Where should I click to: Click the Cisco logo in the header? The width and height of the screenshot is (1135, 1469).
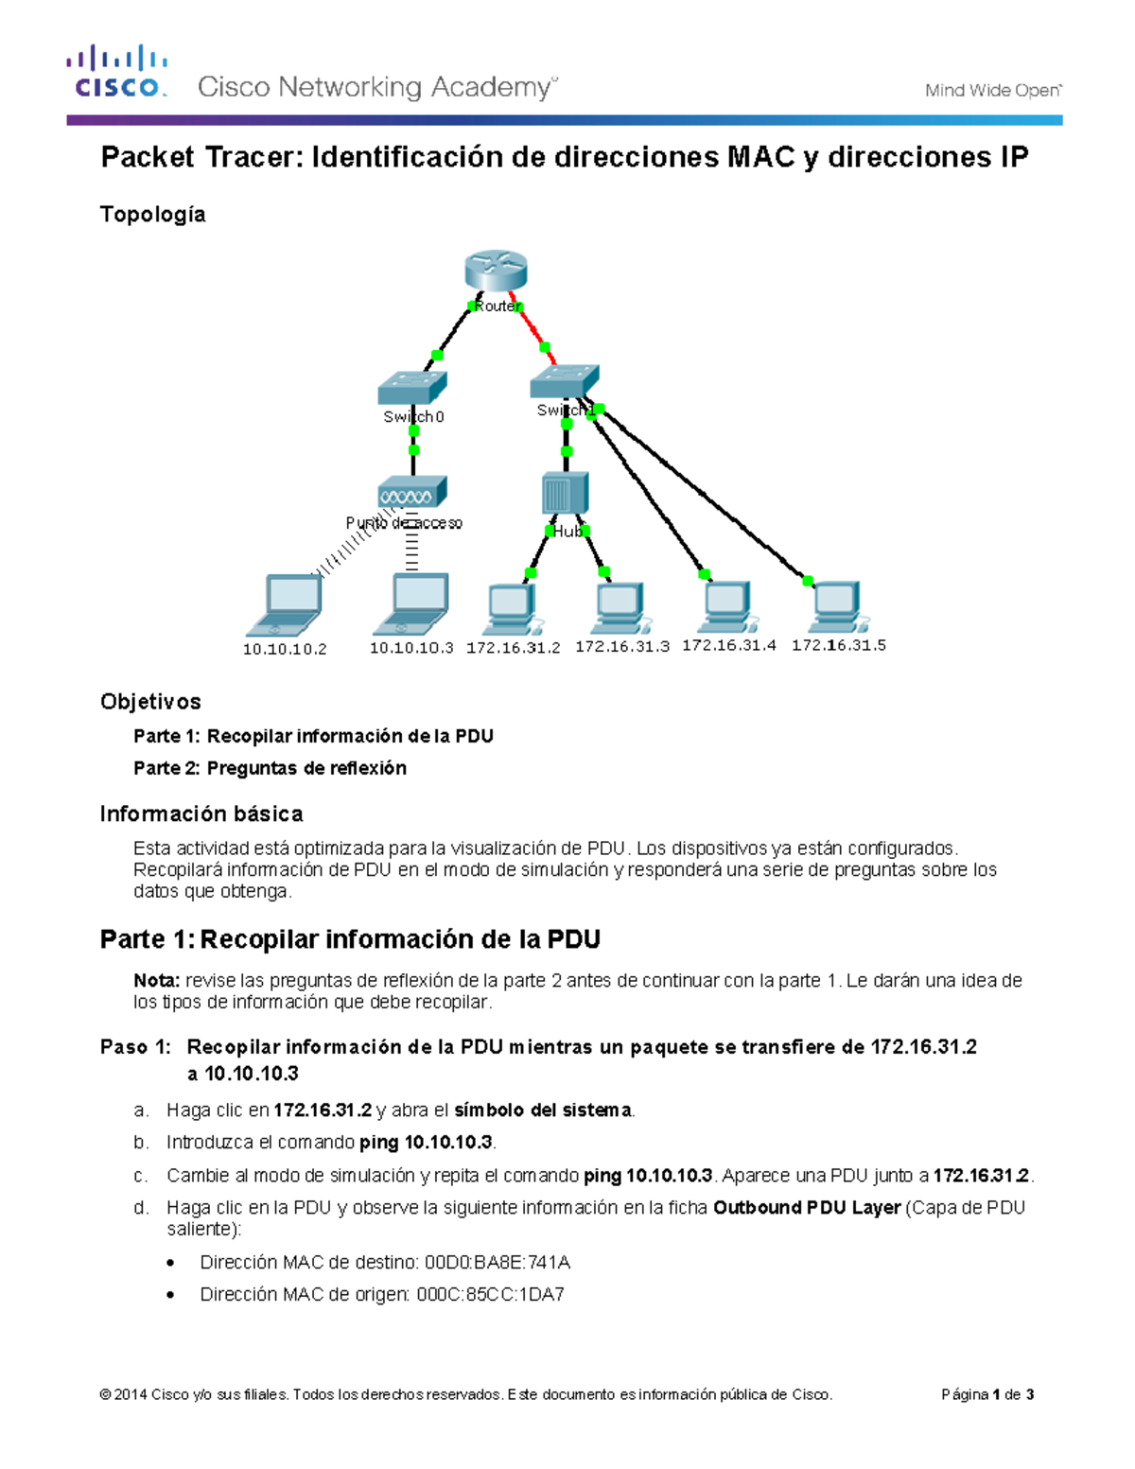click(x=117, y=72)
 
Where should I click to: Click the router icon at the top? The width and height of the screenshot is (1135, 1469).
click(x=496, y=271)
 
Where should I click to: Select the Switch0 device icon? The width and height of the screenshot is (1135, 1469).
click(x=412, y=388)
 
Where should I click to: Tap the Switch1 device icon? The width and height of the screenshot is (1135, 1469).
click(x=565, y=381)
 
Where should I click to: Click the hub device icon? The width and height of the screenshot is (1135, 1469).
click(x=565, y=494)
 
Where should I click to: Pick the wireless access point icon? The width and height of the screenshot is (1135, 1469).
click(x=411, y=493)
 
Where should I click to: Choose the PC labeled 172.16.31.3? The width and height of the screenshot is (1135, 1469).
click(x=621, y=608)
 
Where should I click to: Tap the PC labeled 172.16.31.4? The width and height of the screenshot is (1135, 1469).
click(x=728, y=607)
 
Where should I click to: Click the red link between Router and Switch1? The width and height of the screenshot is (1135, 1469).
click(x=535, y=333)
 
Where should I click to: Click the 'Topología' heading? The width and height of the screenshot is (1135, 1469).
click(x=152, y=215)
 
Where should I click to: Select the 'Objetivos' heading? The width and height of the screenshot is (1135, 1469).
click(x=150, y=702)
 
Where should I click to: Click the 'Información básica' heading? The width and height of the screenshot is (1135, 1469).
click(x=201, y=814)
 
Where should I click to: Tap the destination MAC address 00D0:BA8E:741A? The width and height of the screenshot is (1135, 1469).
click(x=498, y=1263)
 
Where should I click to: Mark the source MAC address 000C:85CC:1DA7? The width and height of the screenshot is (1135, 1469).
click(x=491, y=1295)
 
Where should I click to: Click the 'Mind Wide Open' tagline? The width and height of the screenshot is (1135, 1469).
click(x=992, y=91)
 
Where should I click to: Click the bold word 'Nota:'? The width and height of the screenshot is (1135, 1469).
click(x=156, y=981)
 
